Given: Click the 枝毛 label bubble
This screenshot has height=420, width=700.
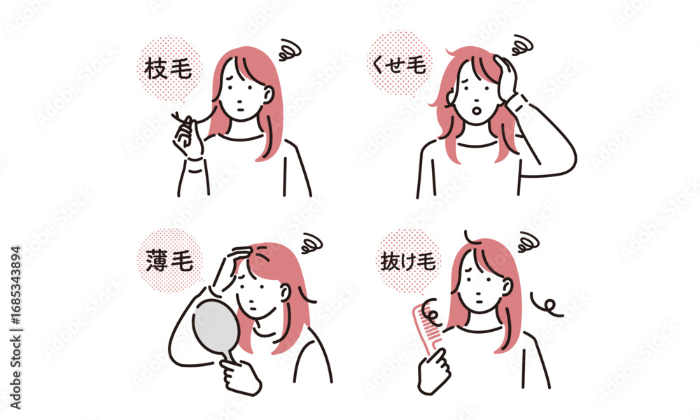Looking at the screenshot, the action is point(169,69).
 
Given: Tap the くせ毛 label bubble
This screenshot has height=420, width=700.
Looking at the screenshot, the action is point(399,64).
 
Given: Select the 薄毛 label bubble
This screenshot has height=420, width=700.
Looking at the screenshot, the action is point(169,260).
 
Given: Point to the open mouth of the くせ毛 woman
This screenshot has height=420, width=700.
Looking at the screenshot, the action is point(477,109).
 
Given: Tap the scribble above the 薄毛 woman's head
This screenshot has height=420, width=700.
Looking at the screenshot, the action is point(311,244).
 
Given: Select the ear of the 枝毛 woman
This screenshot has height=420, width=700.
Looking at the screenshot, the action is point(268,94).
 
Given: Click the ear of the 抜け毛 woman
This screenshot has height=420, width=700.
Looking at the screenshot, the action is point(507,286).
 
